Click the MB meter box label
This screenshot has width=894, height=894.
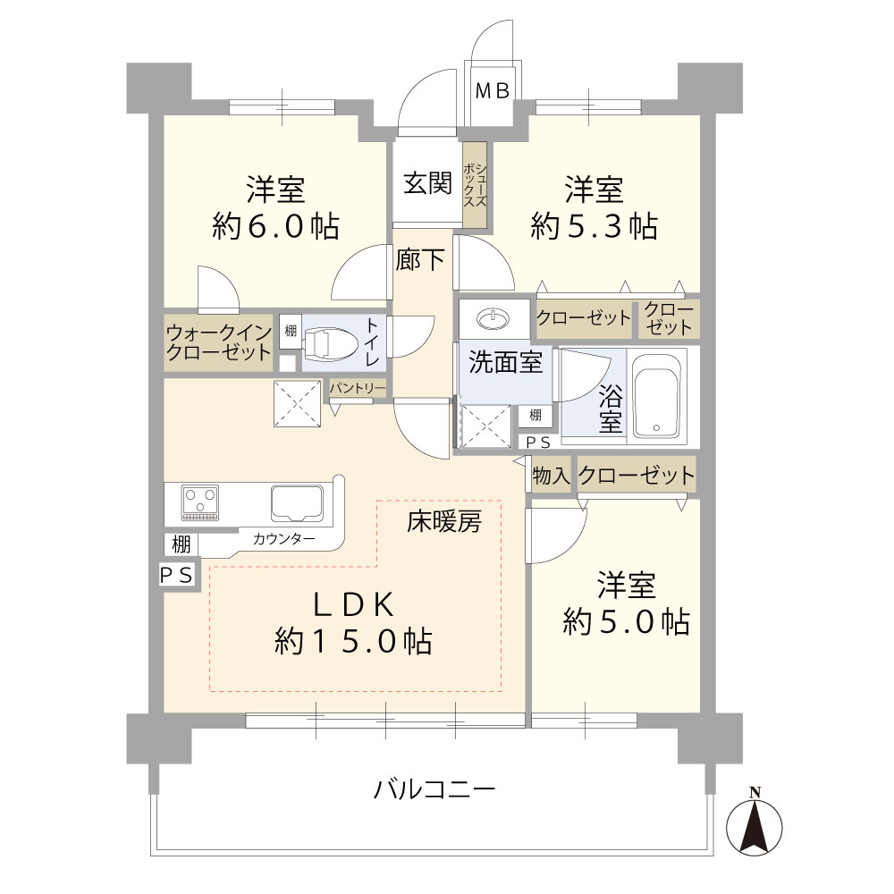click(x=492, y=90)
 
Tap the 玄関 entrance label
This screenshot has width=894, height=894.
click(x=427, y=183)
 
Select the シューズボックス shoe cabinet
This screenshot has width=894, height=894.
click(x=475, y=185)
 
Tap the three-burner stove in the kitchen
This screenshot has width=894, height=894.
click(x=200, y=502)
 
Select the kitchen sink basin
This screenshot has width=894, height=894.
click(x=297, y=502)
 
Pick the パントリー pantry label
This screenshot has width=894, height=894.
click(x=358, y=388)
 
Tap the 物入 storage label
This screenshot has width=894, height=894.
click(x=551, y=475)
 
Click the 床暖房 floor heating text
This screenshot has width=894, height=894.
click(x=444, y=522)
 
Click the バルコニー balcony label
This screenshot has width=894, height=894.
click(x=434, y=789)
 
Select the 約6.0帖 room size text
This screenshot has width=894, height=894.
click(x=276, y=226)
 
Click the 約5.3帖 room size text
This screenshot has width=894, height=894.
click(x=595, y=226)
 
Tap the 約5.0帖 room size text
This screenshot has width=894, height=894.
click(x=626, y=621)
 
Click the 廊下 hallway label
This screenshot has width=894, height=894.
click(x=420, y=260)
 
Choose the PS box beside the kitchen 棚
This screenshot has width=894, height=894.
click(x=177, y=575)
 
